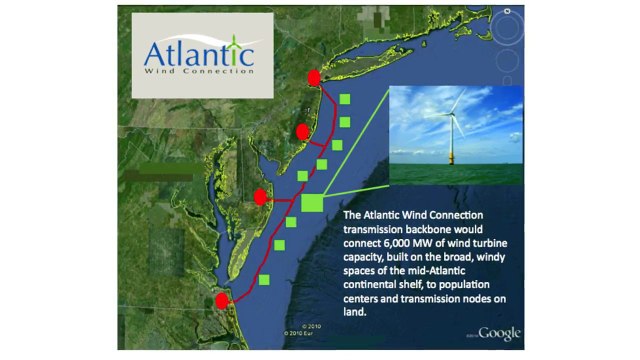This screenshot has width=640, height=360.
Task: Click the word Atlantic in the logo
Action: [191, 52]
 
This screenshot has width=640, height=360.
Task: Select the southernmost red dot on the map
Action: [223, 299]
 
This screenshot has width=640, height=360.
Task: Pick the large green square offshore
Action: [312, 202]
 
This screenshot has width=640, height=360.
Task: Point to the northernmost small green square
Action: [344, 99]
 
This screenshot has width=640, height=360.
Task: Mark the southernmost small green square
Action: [264, 281]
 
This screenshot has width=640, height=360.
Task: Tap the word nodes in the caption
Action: [473, 311]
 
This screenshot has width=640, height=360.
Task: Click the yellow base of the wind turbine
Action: [452, 156]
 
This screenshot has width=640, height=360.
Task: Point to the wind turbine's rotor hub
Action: [451, 114]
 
